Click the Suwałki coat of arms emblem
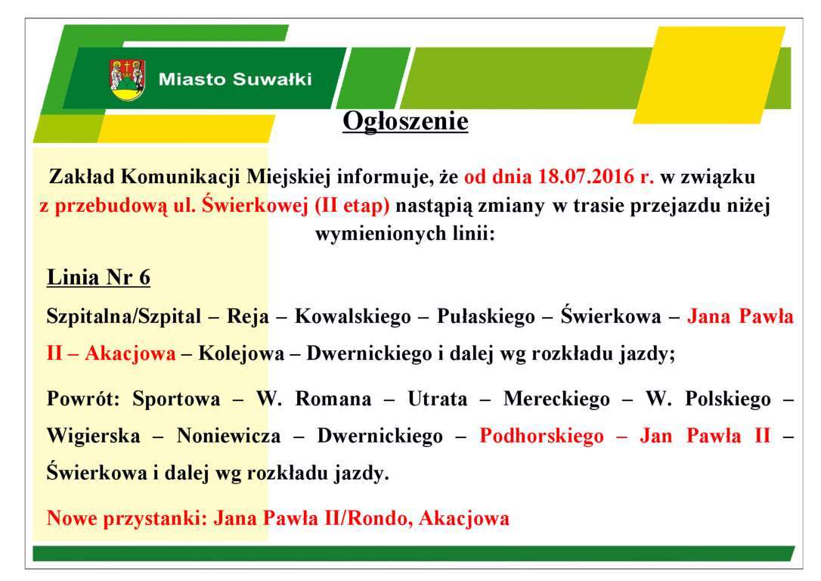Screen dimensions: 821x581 (x=127, y=79)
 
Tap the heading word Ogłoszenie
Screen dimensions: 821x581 (x=405, y=122)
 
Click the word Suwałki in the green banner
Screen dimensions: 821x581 (x=272, y=79)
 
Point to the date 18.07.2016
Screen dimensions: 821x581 (x=586, y=176)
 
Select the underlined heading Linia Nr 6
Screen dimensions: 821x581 (x=98, y=277)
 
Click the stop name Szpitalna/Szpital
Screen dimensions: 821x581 (x=123, y=316)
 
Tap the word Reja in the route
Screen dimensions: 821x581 (x=248, y=317)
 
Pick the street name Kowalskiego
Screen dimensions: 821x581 (x=353, y=316)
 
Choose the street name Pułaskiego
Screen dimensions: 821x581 (x=486, y=316)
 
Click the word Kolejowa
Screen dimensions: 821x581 (x=241, y=353)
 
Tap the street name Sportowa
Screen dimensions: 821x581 (x=176, y=399)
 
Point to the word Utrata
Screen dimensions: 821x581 (x=438, y=399)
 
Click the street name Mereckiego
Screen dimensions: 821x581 (x=556, y=399)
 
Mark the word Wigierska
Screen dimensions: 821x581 (x=93, y=436)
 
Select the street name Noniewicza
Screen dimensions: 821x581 (x=229, y=436)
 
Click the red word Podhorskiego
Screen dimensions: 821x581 (x=541, y=436)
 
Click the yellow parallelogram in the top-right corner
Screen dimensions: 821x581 (x=709, y=75)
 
